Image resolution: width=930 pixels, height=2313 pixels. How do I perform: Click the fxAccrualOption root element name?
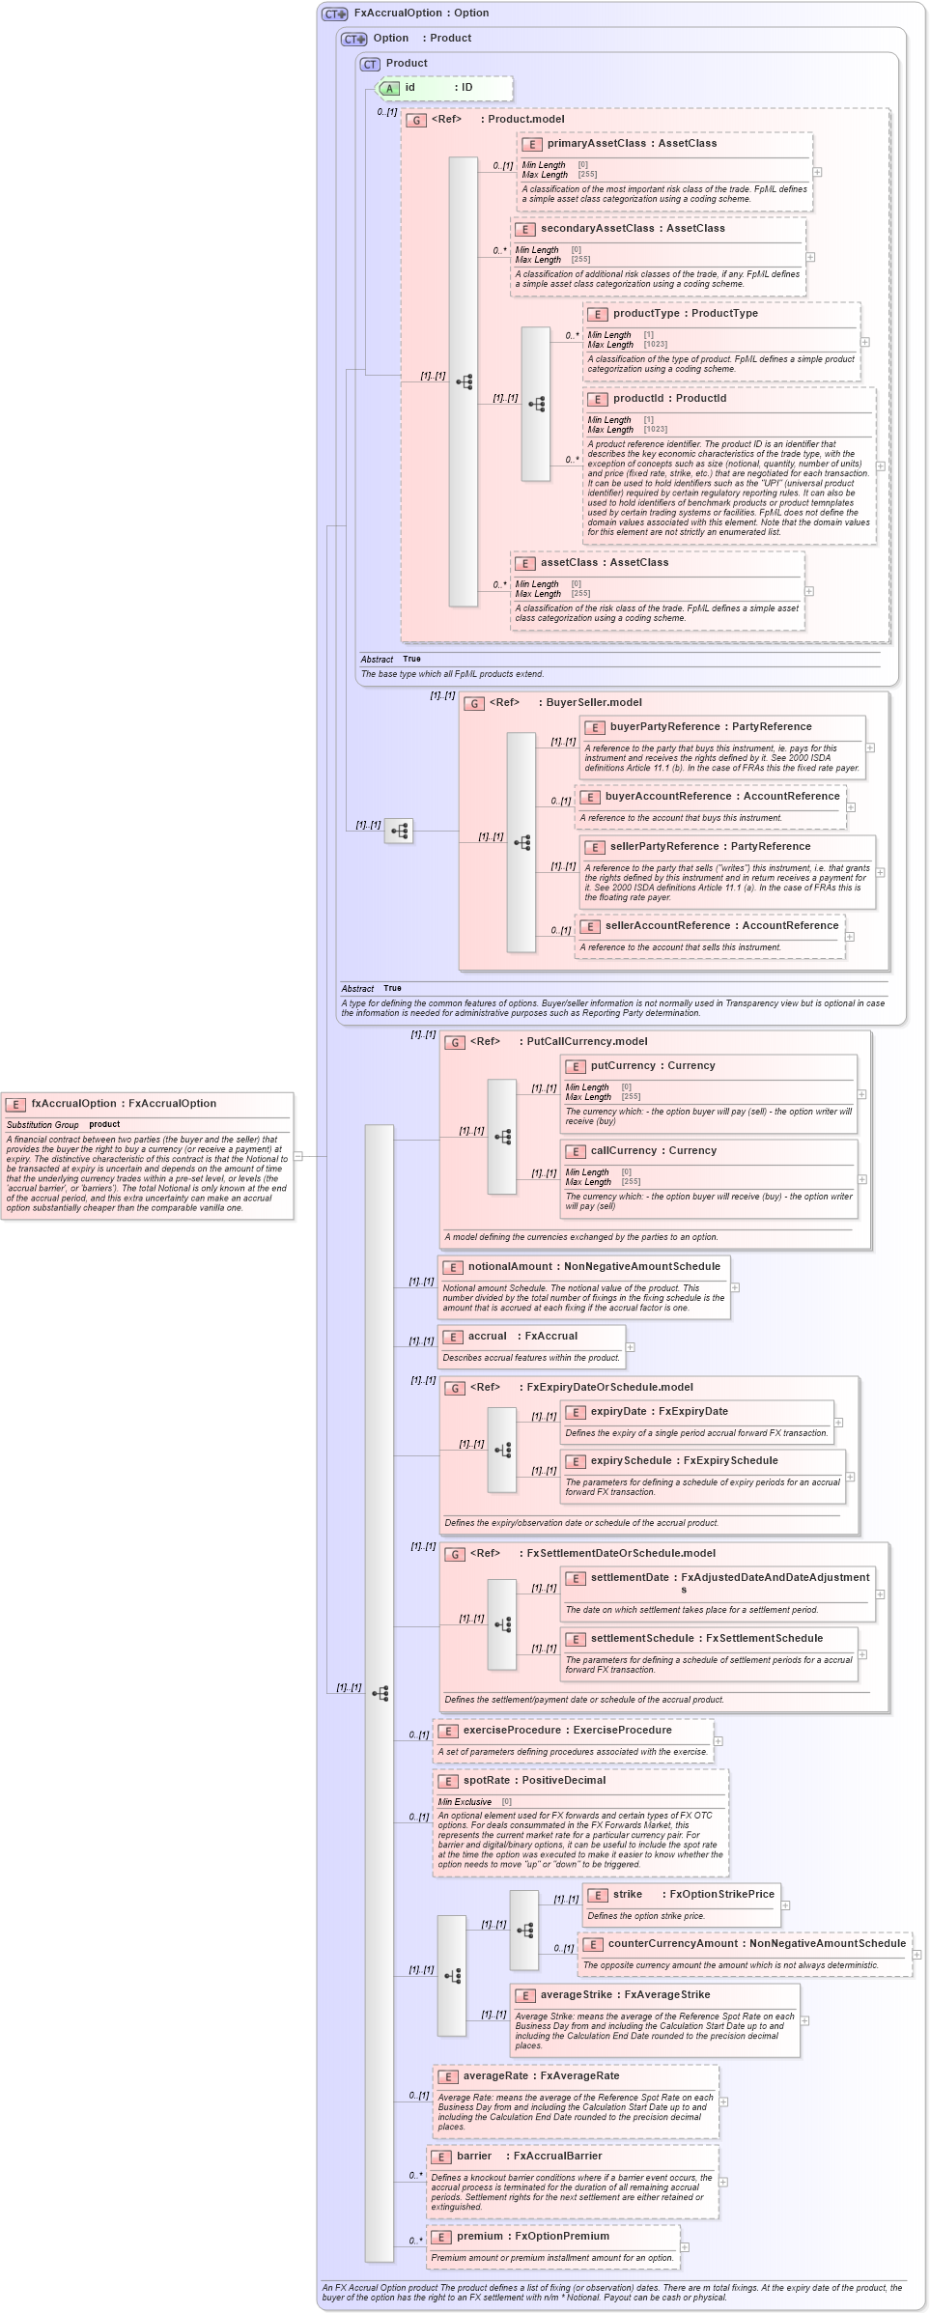tap(73, 1103)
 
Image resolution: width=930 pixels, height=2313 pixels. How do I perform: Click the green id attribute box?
tap(443, 88)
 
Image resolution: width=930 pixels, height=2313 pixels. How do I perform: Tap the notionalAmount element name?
tap(510, 1266)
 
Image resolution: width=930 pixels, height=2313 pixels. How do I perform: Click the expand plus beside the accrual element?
tap(631, 1347)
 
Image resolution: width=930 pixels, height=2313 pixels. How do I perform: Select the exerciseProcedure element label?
tap(512, 1730)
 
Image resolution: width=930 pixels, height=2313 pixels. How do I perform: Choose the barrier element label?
tap(474, 2156)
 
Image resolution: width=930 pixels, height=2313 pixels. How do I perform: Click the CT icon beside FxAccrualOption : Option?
tap(334, 14)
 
